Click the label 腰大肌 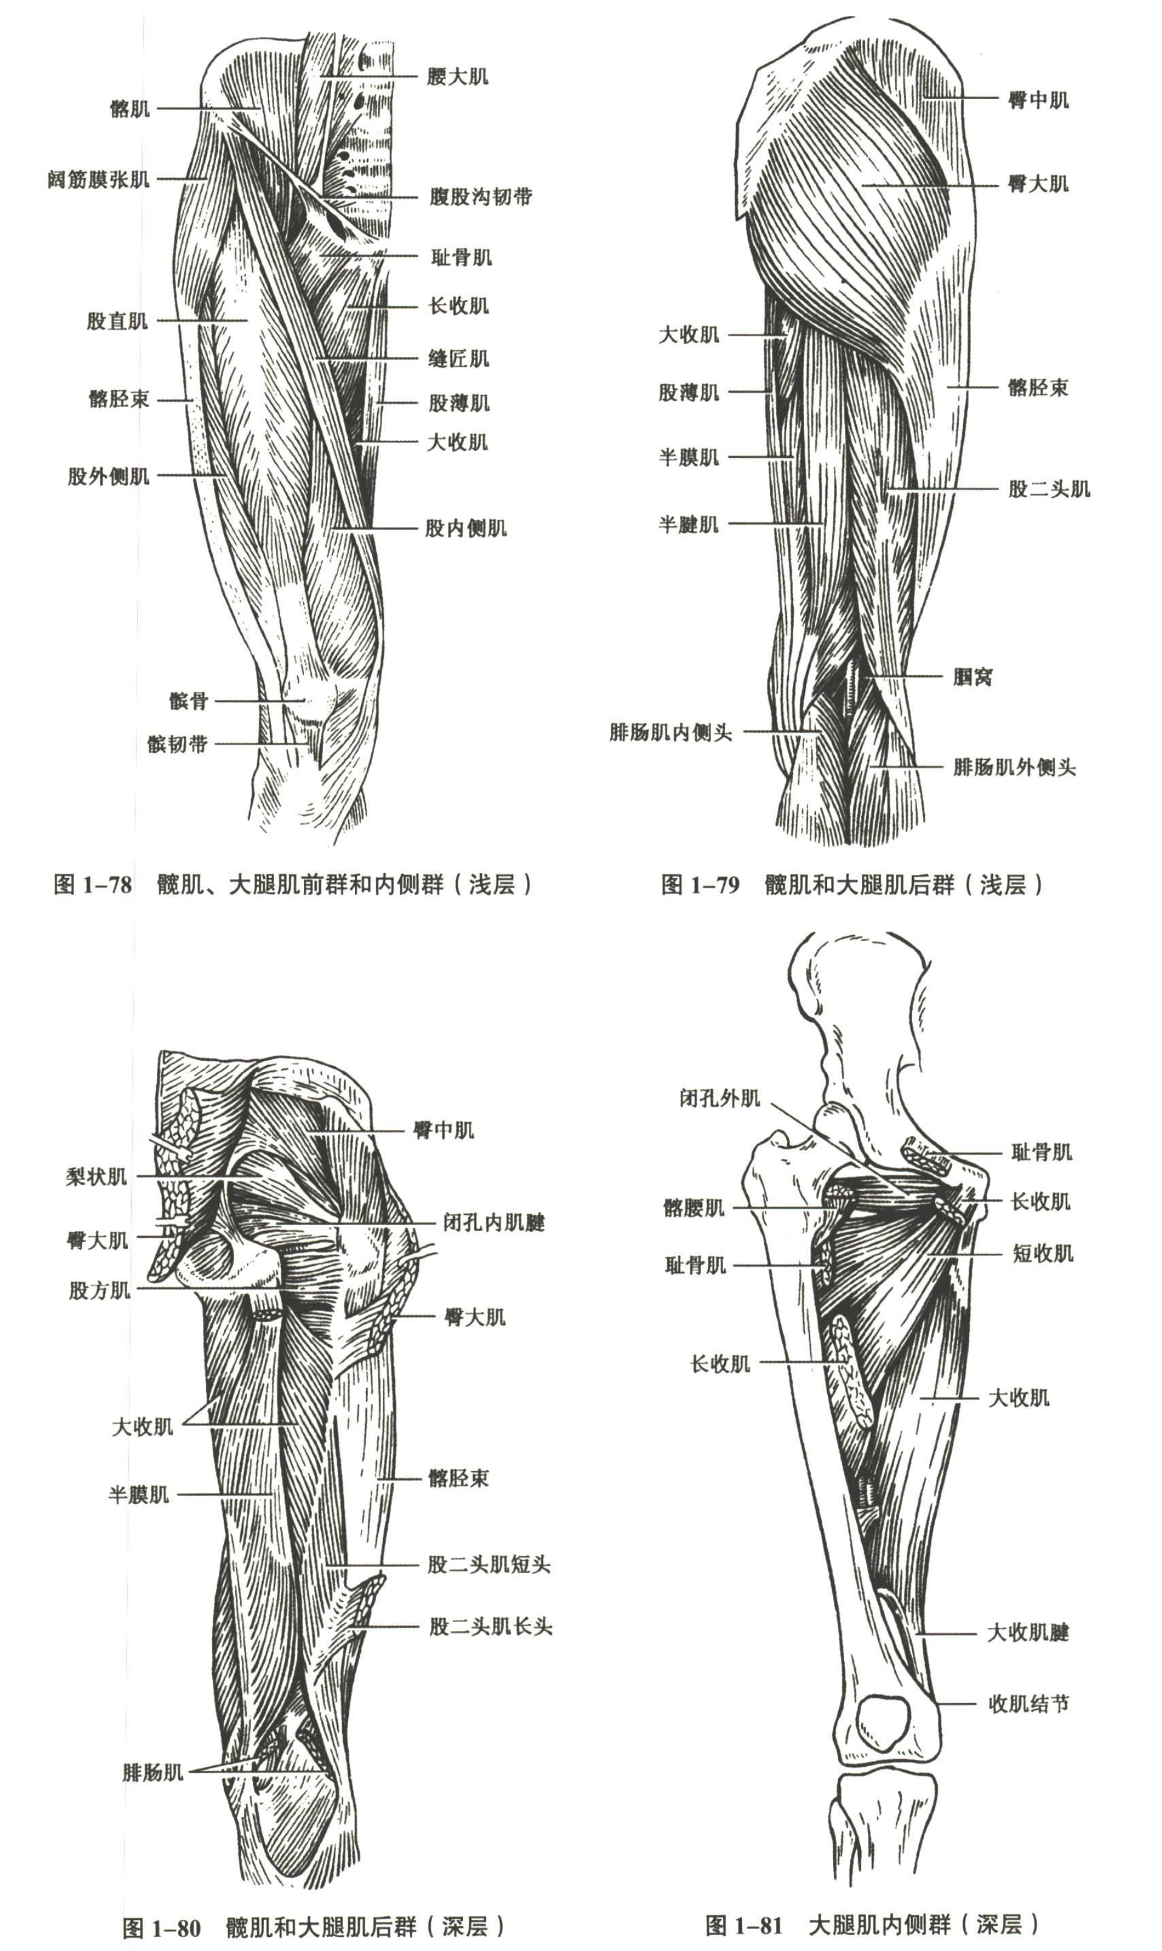pyautogui.click(x=458, y=76)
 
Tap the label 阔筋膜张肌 pyautogui.click(x=98, y=179)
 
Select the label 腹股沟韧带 pyautogui.click(x=481, y=196)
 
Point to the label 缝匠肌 pyautogui.click(x=459, y=359)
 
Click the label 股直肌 pyautogui.click(x=117, y=321)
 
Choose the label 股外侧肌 pyautogui.click(x=108, y=475)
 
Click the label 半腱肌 pyautogui.click(x=689, y=524)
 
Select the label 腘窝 pyautogui.click(x=972, y=677)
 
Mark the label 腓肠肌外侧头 pyautogui.click(x=1014, y=767)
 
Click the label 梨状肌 pyautogui.click(x=96, y=1176)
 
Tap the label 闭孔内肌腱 pyautogui.click(x=494, y=1222)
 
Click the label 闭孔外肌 pyautogui.click(x=720, y=1098)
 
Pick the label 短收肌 pyautogui.click(x=1043, y=1253)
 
